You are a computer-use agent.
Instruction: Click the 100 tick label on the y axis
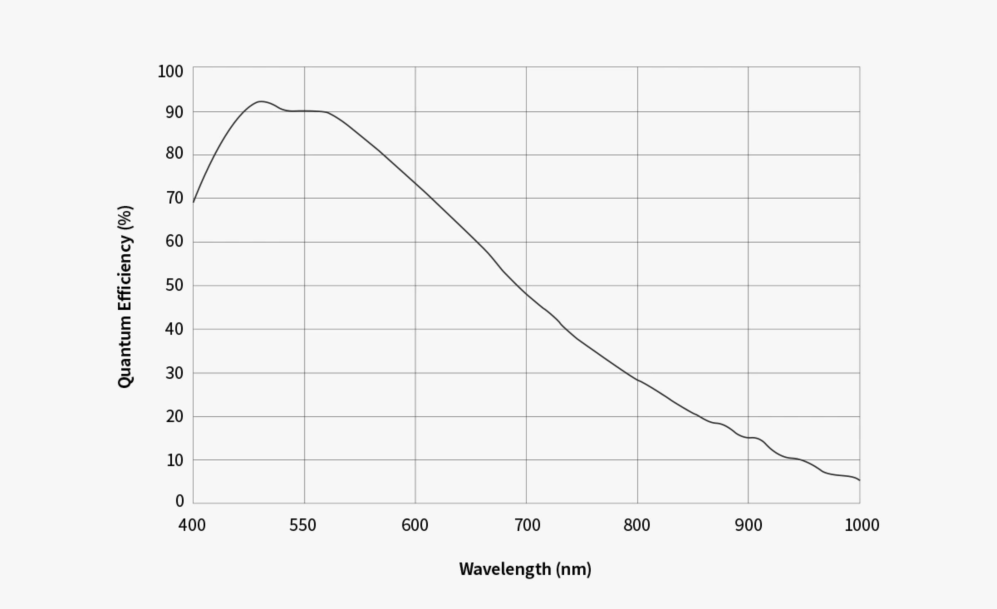tap(170, 72)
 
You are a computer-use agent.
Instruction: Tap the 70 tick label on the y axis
tap(174, 198)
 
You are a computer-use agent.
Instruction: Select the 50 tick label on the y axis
tap(174, 285)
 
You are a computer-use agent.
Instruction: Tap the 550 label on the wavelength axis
tap(303, 525)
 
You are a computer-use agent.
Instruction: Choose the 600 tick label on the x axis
tap(415, 525)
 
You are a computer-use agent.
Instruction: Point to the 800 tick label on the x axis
tap(637, 525)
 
